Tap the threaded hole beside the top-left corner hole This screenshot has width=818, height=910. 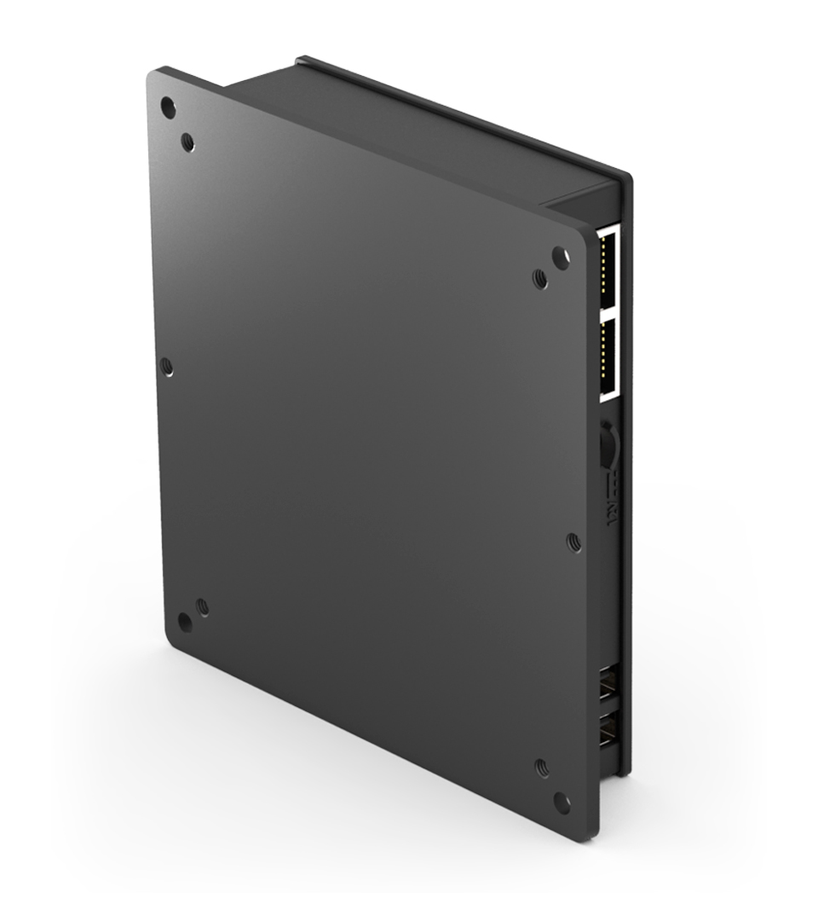click(188, 141)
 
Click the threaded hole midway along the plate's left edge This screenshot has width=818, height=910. click(167, 367)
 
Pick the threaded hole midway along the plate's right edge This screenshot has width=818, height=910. click(573, 541)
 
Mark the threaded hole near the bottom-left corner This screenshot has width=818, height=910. click(202, 606)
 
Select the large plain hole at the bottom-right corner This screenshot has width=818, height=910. click(561, 801)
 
